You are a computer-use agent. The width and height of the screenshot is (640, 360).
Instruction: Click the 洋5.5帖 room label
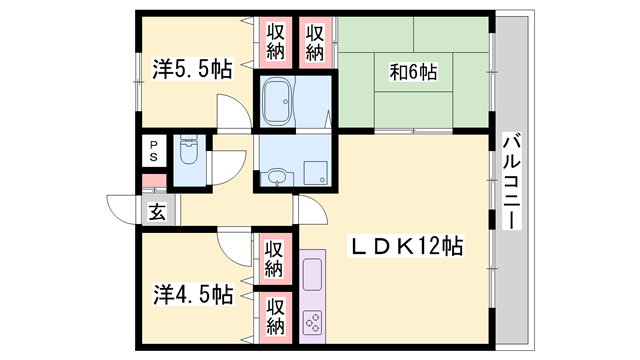click(192, 69)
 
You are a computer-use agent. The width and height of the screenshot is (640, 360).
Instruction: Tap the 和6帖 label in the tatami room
click(413, 72)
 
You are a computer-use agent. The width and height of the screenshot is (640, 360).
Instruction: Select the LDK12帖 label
click(405, 246)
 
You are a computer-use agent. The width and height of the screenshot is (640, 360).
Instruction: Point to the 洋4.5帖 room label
click(193, 294)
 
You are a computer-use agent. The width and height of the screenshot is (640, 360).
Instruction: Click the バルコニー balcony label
click(511, 180)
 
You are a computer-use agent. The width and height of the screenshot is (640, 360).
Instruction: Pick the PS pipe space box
click(154, 151)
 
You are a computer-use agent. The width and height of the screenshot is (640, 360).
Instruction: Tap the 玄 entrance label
click(158, 212)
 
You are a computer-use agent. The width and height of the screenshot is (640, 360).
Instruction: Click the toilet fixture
click(189, 149)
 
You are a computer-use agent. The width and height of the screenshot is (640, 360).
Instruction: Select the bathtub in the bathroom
click(276, 102)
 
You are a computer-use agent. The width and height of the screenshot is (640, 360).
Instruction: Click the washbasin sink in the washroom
click(277, 178)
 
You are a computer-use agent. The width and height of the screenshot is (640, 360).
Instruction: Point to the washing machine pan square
click(316, 173)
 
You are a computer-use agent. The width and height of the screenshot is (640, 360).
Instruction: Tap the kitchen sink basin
click(312, 274)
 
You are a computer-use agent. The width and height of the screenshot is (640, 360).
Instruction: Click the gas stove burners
click(312, 320)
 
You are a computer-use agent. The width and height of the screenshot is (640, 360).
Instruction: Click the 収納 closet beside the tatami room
click(315, 42)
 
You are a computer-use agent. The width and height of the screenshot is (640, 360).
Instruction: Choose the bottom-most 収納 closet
click(276, 317)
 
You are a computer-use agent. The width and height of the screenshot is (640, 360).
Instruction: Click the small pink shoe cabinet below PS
click(154, 181)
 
